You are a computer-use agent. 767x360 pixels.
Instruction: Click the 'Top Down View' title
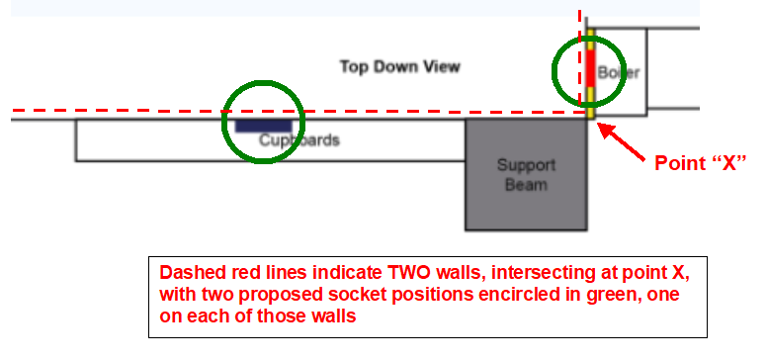[x=399, y=67]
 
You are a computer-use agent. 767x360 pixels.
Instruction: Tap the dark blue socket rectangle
[x=263, y=126]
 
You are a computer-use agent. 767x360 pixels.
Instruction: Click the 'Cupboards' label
[x=299, y=140]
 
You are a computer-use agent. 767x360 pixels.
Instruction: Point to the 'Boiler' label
[x=620, y=73]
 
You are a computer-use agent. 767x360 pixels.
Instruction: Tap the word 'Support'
[x=526, y=165]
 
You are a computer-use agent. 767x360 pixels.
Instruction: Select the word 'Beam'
[x=526, y=184]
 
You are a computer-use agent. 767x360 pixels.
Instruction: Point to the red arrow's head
[x=604, y=127]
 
